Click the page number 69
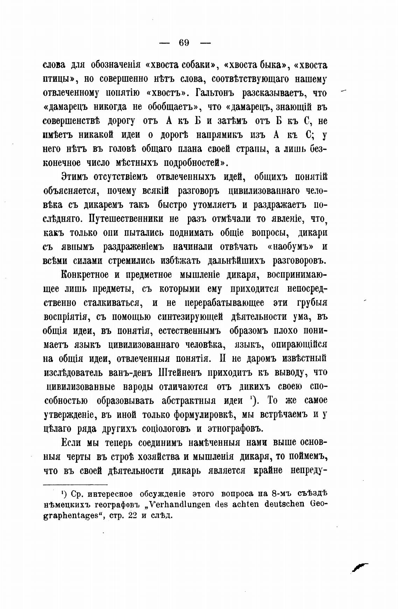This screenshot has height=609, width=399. click(x=184, y=43)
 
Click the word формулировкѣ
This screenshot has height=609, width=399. click(x=202, y=415)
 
